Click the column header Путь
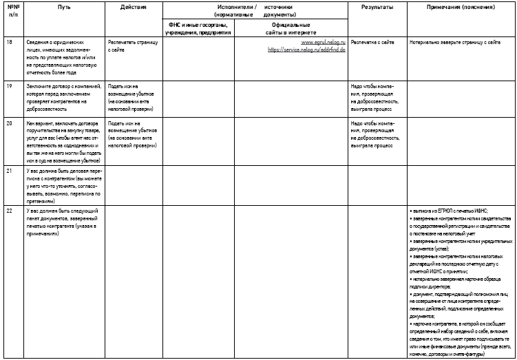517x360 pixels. [x=65, y=6]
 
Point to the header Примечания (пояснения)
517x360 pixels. [x=460, y=6]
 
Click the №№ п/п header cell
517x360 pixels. [x=10, y=9]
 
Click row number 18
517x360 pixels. [x=9, y=43]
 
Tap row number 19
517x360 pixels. [x=9, y=85]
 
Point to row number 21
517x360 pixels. [x=9, y=169]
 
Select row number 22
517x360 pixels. [x=9, y=209]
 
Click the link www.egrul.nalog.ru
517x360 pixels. [x=324, y=43]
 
